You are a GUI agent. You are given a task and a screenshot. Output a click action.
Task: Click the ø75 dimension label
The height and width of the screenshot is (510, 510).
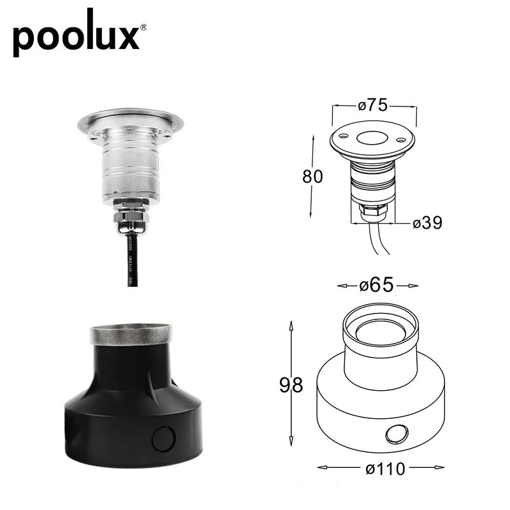[x=373, y=106]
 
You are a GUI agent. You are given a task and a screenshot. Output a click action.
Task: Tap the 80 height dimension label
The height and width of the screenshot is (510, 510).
[x=313, y=175]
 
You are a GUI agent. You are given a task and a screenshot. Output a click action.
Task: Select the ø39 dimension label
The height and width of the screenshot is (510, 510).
[x=427, y=223]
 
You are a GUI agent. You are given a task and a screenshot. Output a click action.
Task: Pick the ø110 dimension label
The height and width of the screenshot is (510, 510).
[x=386, y=469]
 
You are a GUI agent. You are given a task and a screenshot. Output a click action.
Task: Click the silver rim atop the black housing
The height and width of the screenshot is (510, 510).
[x=131, y=334]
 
